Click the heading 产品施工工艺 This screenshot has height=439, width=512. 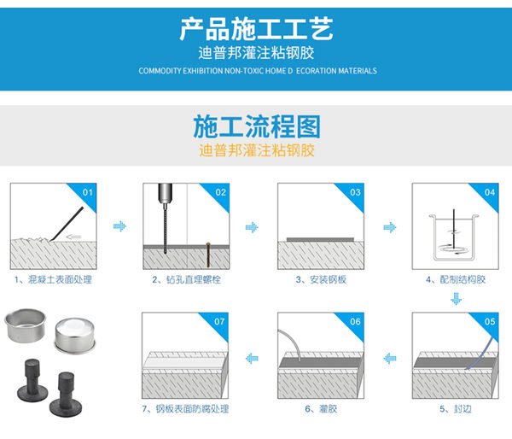click(256, 28)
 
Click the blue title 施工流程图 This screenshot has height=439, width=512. click(256, 127)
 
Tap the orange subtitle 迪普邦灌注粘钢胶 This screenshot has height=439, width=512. click(256, 151)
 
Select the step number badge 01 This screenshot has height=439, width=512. click(87, 192)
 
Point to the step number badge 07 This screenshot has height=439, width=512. click(220, 322)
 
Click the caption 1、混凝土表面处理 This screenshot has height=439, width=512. click(53, 279)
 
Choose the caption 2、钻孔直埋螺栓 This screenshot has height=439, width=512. click(186, 279)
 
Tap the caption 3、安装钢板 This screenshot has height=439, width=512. click(320, 279)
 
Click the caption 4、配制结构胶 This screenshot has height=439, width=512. click(455, 279)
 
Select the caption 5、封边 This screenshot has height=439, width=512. click(455, 409)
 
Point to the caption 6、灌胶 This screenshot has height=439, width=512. click(320, 409)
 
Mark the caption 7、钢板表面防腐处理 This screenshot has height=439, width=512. click(186, 409)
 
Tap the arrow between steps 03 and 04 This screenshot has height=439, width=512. click(388, 227)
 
